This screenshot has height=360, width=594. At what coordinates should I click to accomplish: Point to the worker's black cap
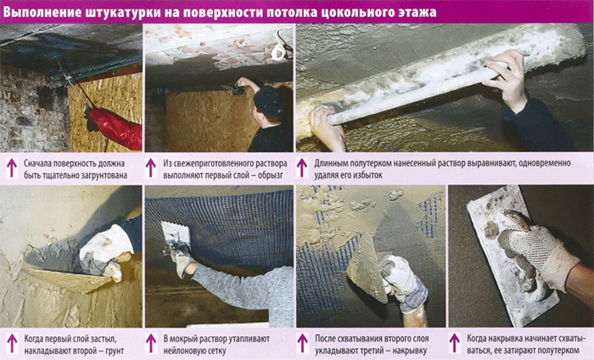tap(269, 100)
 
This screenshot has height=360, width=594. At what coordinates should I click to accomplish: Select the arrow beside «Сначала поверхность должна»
tap(12, 168)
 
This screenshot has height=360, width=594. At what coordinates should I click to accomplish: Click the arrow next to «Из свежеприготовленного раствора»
tap(151, 168)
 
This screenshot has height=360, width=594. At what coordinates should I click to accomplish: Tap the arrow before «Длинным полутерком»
tap(302, 168)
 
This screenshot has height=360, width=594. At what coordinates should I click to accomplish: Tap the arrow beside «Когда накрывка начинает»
tap(455, 343)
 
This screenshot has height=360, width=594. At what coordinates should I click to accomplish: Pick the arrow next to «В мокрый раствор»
tap(151, 343)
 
